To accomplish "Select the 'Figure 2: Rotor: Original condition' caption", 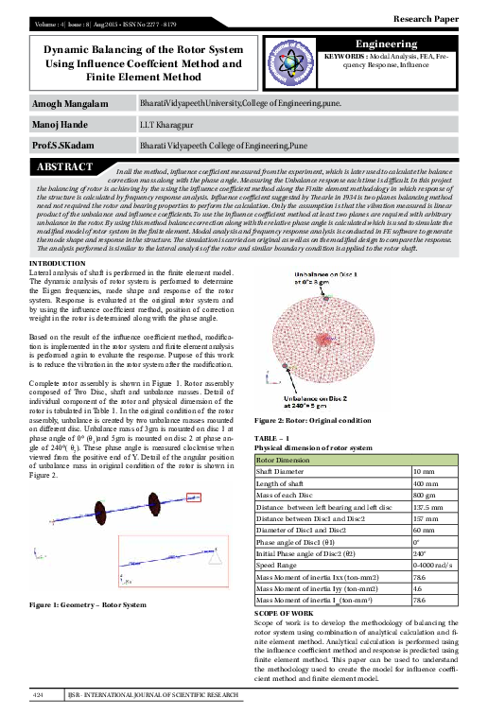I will [x=319, y=420].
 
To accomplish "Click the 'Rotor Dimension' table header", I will [x=290, y=459].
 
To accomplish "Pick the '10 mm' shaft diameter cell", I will [x=425, y=470].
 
